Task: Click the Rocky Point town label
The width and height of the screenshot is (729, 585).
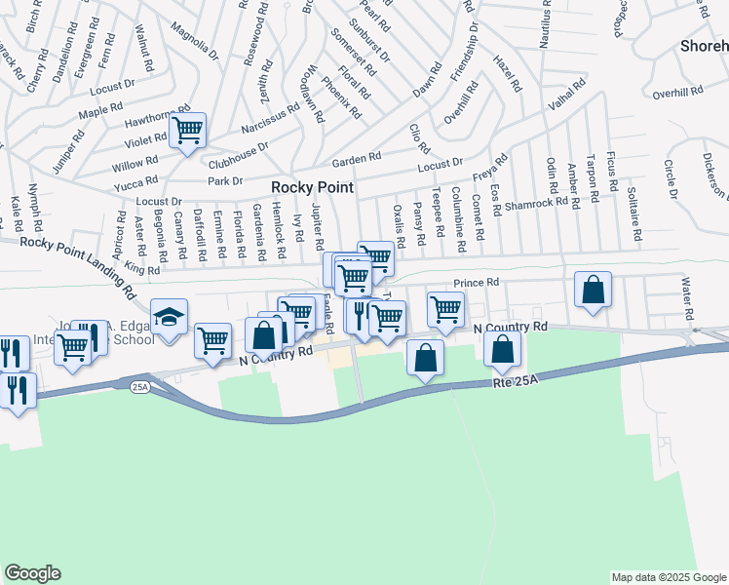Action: [x=312, y=187]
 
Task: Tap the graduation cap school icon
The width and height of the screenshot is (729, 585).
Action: [x=169, y=318]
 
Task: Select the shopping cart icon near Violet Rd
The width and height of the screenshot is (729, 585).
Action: [x=187, y=130]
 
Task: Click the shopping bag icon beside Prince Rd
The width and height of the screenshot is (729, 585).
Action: [x=593, y=291]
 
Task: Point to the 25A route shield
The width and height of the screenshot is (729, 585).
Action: [x=139, y=387]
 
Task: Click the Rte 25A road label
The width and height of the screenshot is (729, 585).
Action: [x=515, y=383]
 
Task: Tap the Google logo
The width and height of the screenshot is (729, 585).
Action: [x=32, y=573]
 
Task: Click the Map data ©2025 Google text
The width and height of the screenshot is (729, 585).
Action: [x=668, y=577]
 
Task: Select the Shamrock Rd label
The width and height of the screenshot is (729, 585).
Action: [x=536, y=202]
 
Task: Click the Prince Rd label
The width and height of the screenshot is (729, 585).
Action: [x=477, y=283]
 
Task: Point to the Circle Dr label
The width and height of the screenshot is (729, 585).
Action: [x=670, y=177]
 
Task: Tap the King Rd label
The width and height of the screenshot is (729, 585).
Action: [x=141, y=268]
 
